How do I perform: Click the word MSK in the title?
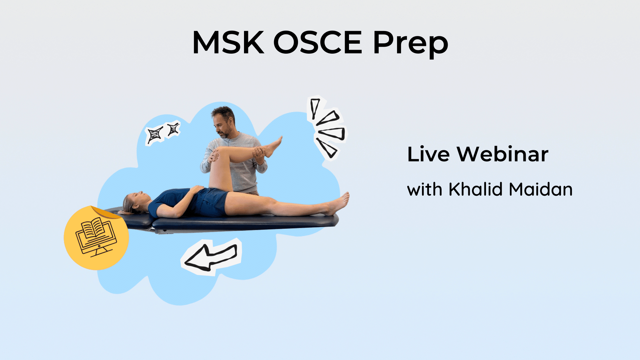click(228, 42)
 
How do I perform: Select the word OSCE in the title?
click(318, 42)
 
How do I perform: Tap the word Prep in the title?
click(411, 44)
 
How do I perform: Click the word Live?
click(428, 154)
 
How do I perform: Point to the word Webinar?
click(502, 154)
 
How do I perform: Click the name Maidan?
click(541, 189)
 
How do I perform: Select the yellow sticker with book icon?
click(96, 238)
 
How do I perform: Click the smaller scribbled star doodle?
click(173, 129)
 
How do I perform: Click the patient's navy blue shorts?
click(210, 202)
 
